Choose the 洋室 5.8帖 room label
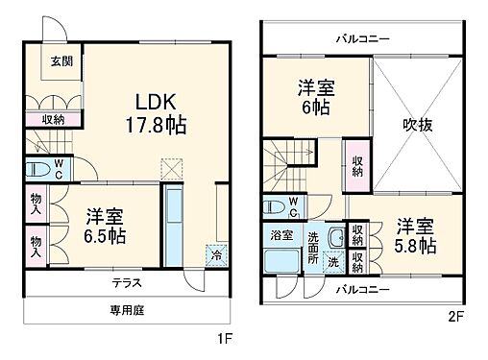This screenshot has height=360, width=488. pos(414,236)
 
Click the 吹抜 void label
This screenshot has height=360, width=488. pos(419,125)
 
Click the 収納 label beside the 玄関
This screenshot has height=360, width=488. pos(52,119)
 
